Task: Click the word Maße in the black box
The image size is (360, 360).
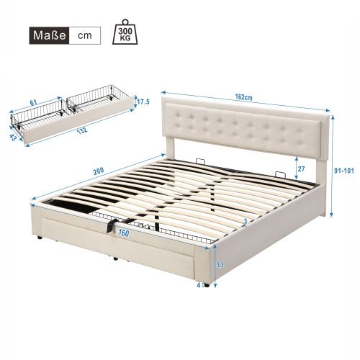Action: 49,35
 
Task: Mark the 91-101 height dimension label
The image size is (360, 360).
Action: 348,172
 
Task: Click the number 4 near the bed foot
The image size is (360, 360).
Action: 199,283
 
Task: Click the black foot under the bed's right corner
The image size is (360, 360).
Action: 208,285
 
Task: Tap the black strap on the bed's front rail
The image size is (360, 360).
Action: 111,225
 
